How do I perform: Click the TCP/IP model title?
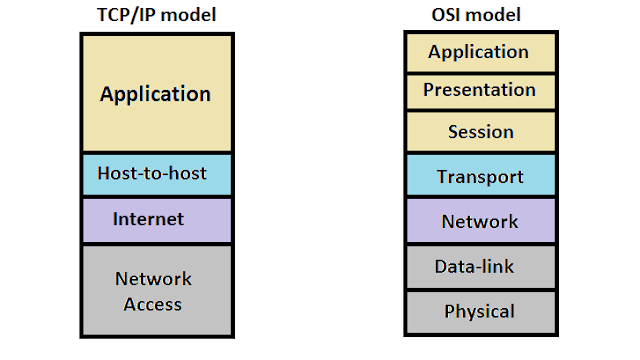(156, 16)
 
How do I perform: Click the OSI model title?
(476, 15)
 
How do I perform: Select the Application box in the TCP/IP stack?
(157, 93)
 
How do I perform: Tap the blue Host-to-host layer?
(157, 174)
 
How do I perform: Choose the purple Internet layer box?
(157, 220)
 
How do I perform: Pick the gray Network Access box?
(157, 290)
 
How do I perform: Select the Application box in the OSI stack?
(481, 53)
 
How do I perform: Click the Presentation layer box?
(481, 91)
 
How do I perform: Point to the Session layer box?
(481, 131)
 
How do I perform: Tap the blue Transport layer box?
(481, 175)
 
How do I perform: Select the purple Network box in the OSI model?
(481, 220)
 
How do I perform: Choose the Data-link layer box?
(481, 267)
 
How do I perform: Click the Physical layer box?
(481, 312)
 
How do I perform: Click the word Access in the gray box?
(153, 304)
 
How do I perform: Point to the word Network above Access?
(153, 279)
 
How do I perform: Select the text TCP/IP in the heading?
(126, 16)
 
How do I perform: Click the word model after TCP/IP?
(188, 16)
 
